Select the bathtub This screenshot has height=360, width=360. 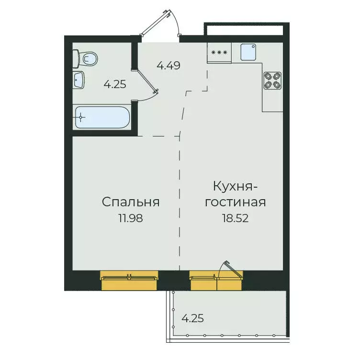point(102,117)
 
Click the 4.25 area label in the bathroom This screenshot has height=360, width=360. point(115,84)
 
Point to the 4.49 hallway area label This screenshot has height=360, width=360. point(169,66)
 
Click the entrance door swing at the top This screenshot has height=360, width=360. point(165,22)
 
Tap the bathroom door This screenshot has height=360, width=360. point(146,81)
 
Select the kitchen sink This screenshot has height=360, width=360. point(249,52)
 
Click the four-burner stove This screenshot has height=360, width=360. point(272,80)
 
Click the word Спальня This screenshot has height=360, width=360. point(130,202)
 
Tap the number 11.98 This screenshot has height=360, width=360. point(130,218)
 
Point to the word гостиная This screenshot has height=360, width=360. point(236,202)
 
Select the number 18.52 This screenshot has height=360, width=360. point(236,218)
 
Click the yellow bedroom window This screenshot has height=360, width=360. point(129,280)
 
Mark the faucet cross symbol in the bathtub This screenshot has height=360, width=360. point(82,117)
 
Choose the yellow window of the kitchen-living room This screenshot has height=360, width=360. point(216,280)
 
